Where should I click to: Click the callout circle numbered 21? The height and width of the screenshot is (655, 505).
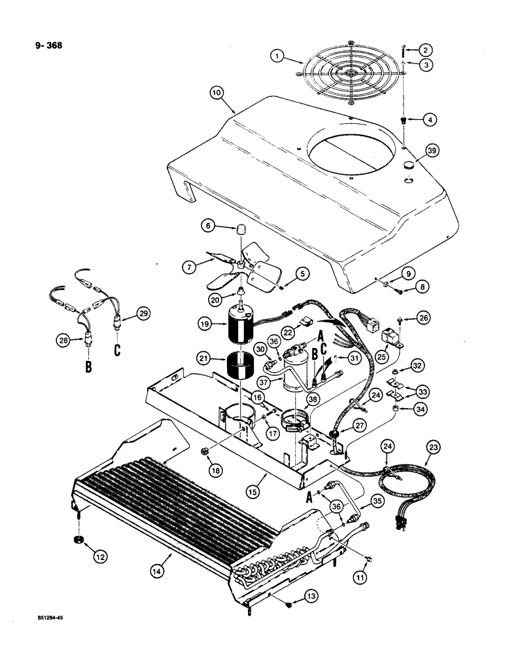tap(206, 358)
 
